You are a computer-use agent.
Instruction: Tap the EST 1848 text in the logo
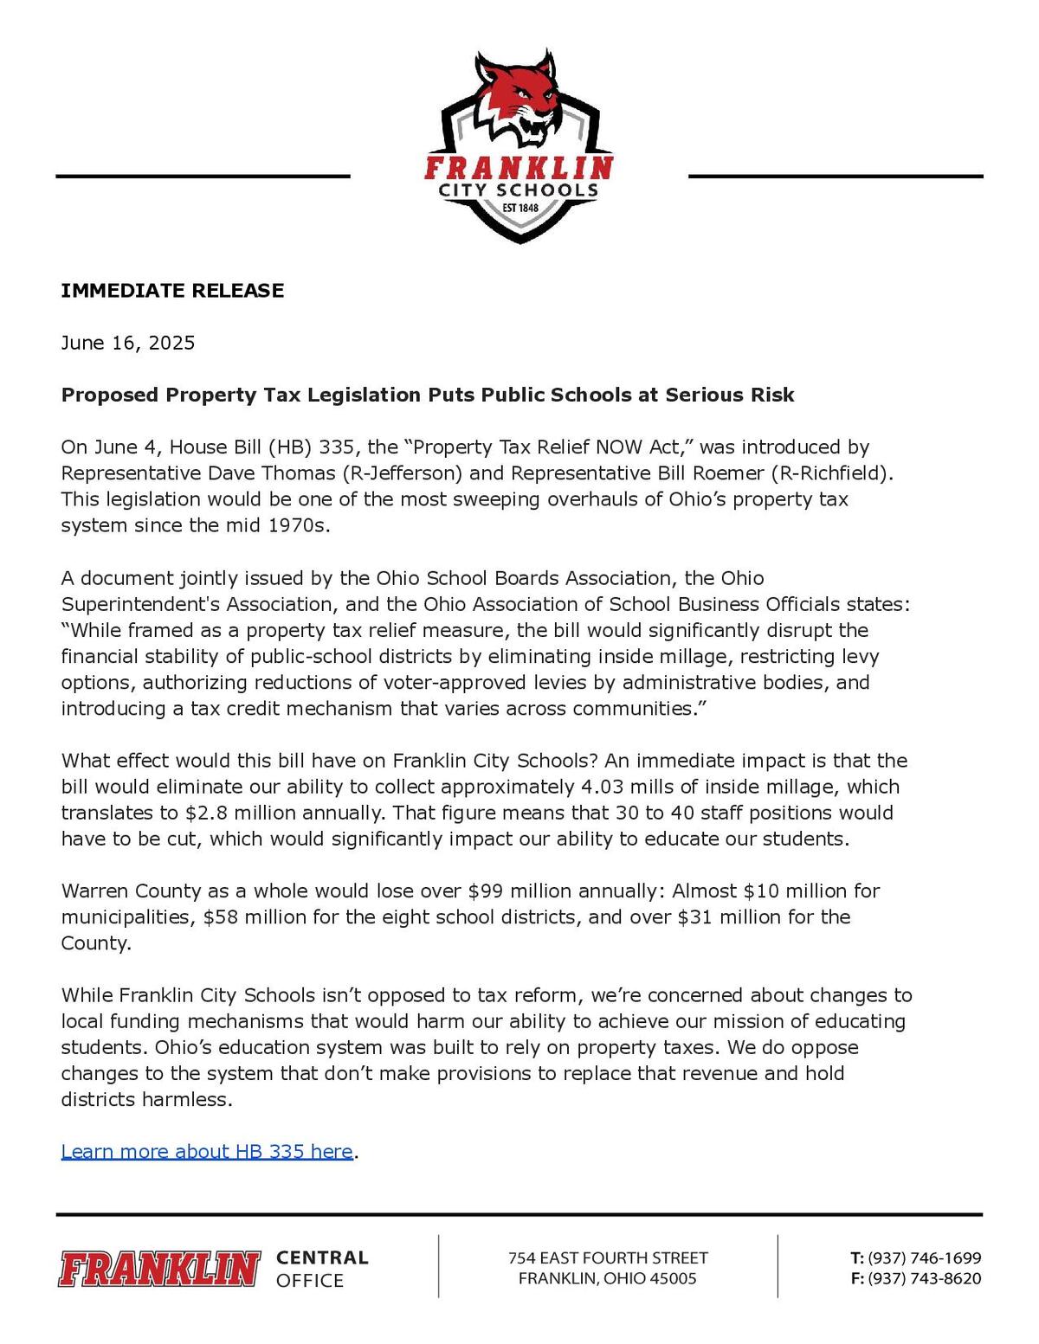(520, 208)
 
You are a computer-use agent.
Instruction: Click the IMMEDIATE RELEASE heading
(172, 291)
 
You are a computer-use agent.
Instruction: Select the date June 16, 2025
(128, 343)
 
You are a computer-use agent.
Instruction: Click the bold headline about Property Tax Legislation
(428, 395)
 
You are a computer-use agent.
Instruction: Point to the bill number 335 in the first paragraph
(336, 447)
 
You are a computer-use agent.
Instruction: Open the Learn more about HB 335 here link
(207, 1152)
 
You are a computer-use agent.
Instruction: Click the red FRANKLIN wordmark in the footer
(159, 1269)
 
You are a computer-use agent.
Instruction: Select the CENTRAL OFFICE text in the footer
(322, 1269)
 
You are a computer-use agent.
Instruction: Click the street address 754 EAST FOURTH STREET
(608, 1257)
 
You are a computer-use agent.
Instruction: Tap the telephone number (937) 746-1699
(924, 1257)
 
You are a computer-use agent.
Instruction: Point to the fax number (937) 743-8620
(924, 1279)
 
